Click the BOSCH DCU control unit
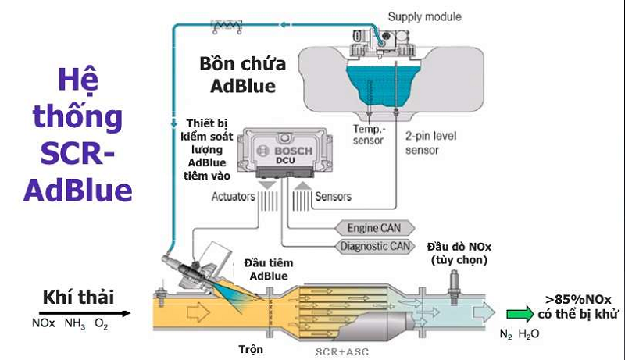click(x=286, y=152)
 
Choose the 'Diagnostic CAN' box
click(x=374, y=247)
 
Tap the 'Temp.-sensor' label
click(x=368, y=135)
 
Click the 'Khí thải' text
click(x=78, y=297)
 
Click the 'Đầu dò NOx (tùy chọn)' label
click(x=460, y=253)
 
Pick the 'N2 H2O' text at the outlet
click(x=520, y=333)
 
